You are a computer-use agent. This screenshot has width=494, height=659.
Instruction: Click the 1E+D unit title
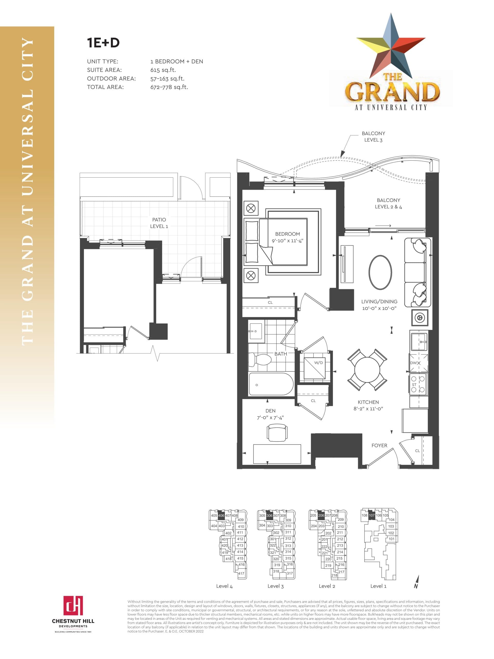(103, 42)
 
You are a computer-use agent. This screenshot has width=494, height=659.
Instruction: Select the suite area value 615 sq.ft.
(163, 70)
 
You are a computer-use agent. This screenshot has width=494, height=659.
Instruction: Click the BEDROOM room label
(287, 234)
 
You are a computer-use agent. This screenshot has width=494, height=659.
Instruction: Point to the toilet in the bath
(260, 359)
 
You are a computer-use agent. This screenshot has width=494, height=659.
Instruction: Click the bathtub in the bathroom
(271, 384)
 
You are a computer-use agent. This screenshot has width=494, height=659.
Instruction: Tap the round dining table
(367, 370)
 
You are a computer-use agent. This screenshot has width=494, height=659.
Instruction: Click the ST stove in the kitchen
(418, 384)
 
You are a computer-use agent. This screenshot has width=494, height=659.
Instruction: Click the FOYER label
(379, 445)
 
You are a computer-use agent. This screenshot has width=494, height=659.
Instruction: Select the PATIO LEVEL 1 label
(159, 223)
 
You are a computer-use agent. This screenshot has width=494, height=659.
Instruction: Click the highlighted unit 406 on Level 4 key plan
(221, 516)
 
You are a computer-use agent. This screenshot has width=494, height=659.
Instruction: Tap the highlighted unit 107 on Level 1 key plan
(371, 516)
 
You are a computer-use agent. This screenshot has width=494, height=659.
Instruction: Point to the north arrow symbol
(417, 583)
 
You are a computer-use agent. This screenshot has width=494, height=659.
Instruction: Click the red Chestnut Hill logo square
(73, 606)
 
